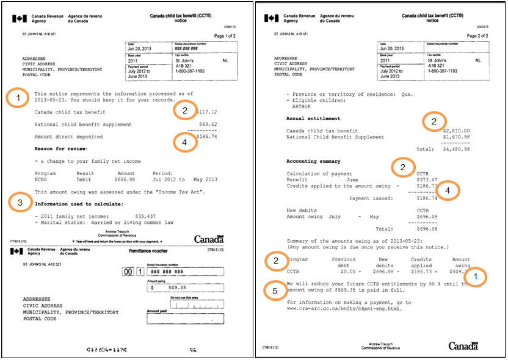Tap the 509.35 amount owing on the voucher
coord(163,287)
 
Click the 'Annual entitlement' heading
coord(314,118)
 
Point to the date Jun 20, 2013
coord(138,49)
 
